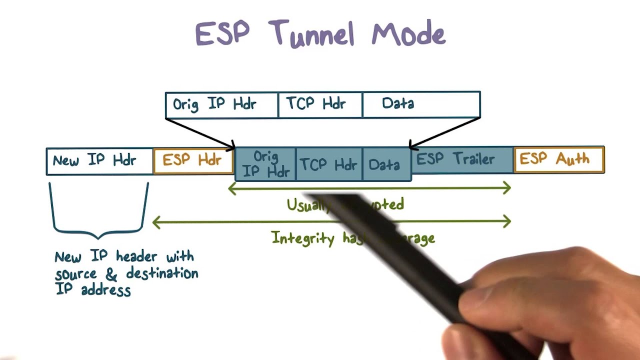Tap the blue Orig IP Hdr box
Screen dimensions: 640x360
coord(265,164)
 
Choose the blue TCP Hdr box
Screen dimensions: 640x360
coord(329,164)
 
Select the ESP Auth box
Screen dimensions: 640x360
coord(559,159)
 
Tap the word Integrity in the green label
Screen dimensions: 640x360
coord(303,238)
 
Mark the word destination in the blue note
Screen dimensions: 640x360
coord(162,273)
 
